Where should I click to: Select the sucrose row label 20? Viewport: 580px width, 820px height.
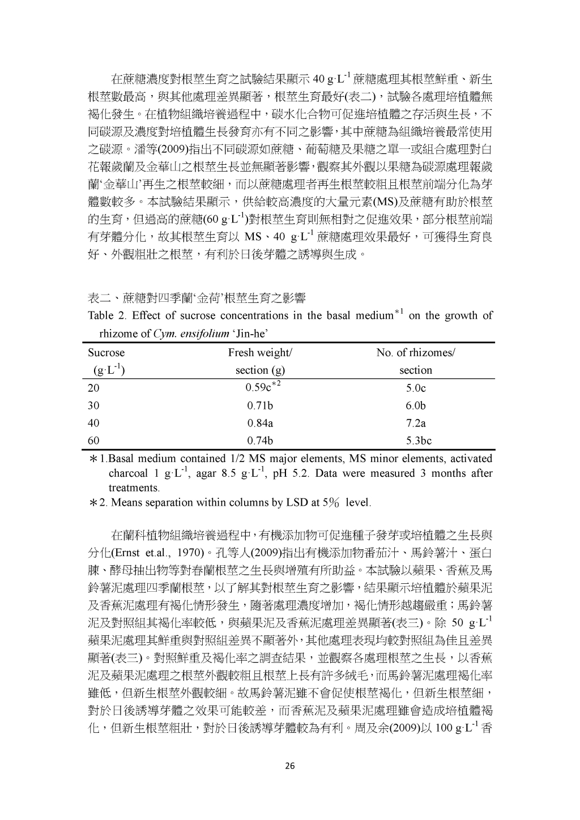(93, 388)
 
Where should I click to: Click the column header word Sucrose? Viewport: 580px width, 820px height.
(106, 353)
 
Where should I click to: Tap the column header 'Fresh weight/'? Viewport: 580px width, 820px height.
(260, 353)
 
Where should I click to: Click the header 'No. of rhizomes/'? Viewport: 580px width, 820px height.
(415, 353)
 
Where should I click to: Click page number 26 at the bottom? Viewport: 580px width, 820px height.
(289, 766)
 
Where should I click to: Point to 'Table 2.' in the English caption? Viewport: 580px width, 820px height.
(106, 315)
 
